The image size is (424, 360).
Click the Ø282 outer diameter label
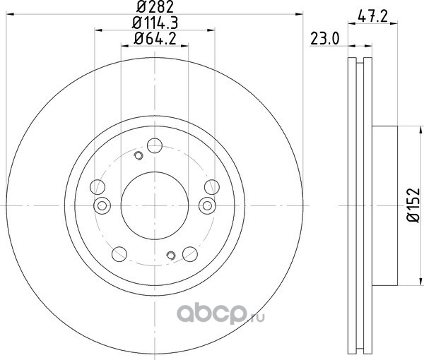(x=155, y=7)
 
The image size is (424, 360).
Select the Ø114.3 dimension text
(x=155, y=23)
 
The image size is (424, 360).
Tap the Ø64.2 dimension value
(x=155, y=39)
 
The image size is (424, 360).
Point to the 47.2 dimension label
(x=372, y=17)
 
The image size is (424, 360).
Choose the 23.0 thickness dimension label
(x=324, y=39)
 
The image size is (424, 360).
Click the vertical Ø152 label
(x=413, y=205)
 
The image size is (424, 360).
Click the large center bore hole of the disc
(x=155, y=206)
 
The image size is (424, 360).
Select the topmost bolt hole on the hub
(x=155, y=145)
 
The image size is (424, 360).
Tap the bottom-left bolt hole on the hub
(x=119, y=254)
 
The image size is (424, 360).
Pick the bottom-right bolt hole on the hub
(x=190, y=254)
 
